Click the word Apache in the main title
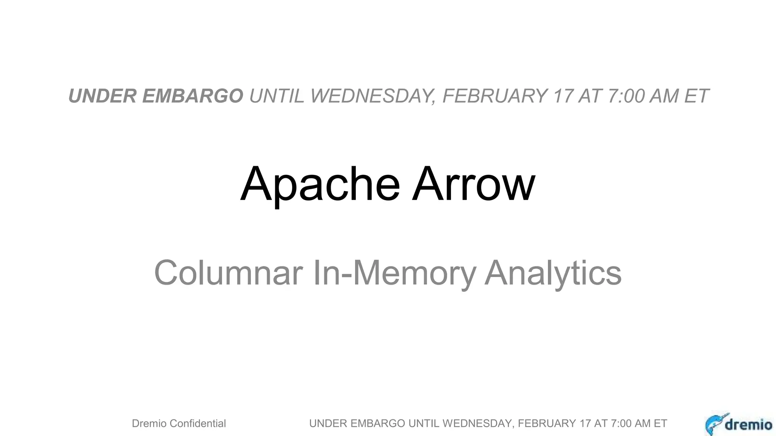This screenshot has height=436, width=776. click(320, 185)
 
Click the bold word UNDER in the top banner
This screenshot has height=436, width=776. click(102, 96)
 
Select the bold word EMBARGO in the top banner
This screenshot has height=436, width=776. click(193, 96)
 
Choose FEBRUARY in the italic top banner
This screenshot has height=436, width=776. click(495, 96)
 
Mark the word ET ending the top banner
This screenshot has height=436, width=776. click(696, 96)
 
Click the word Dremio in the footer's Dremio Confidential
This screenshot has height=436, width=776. click(149, 424)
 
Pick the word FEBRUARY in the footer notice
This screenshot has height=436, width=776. click(547, 424)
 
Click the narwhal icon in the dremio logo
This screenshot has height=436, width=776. click(715, 424)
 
